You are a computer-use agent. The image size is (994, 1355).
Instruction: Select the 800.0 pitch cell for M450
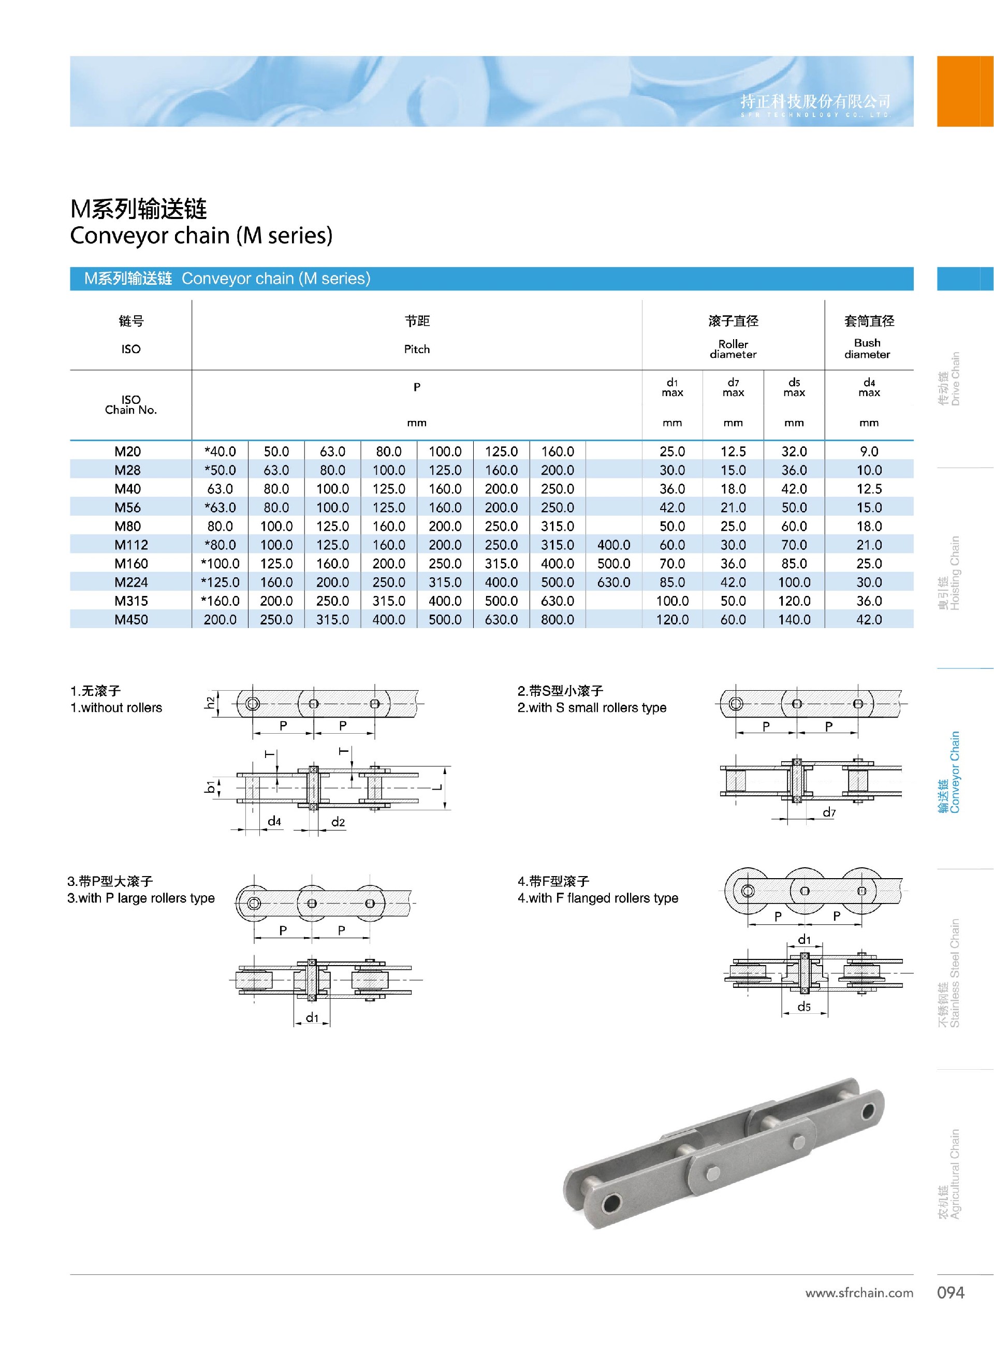557,619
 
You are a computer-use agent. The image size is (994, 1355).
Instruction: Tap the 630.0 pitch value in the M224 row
613,582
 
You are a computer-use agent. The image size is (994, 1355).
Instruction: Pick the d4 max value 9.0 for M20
869,451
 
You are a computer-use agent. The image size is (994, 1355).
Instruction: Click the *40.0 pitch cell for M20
220,451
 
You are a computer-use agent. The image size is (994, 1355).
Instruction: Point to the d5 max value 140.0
794,619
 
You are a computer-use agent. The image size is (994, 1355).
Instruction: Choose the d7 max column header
733,387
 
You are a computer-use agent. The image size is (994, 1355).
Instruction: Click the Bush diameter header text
868,348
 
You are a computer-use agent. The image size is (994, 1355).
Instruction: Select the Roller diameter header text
733,349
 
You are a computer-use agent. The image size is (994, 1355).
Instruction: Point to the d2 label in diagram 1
338,822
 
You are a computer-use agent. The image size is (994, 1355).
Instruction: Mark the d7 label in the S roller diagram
829,812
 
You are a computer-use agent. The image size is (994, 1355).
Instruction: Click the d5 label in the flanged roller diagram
805,1007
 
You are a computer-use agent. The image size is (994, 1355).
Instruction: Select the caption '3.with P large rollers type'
141,898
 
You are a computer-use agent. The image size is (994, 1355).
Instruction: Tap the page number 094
951,1292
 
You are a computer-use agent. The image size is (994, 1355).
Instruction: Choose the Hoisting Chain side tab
949,573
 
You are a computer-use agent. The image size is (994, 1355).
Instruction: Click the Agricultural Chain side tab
949,1173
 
